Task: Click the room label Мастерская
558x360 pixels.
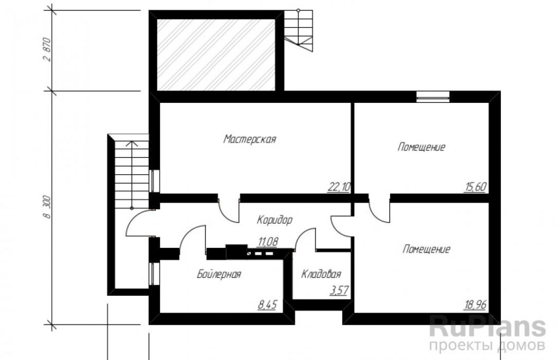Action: point(250,139)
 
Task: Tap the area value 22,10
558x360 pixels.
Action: point(339,187)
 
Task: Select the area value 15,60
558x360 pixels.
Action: point(475,187)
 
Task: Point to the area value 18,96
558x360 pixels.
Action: point(475,304)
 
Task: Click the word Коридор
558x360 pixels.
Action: point(275,220)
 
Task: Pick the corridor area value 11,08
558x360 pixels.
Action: point(268,242)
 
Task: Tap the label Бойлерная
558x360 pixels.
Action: point(219,274)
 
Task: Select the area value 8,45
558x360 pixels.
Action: point(267,305)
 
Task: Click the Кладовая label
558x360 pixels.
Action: point(321,274)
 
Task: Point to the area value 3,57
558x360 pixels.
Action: point(339,291)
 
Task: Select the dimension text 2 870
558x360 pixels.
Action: point(48,50)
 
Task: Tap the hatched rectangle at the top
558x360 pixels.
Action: point(216,54)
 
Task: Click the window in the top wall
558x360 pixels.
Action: point(433,97)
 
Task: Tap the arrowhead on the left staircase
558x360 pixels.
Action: point(132,144)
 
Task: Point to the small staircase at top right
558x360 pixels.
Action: point(298,30)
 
